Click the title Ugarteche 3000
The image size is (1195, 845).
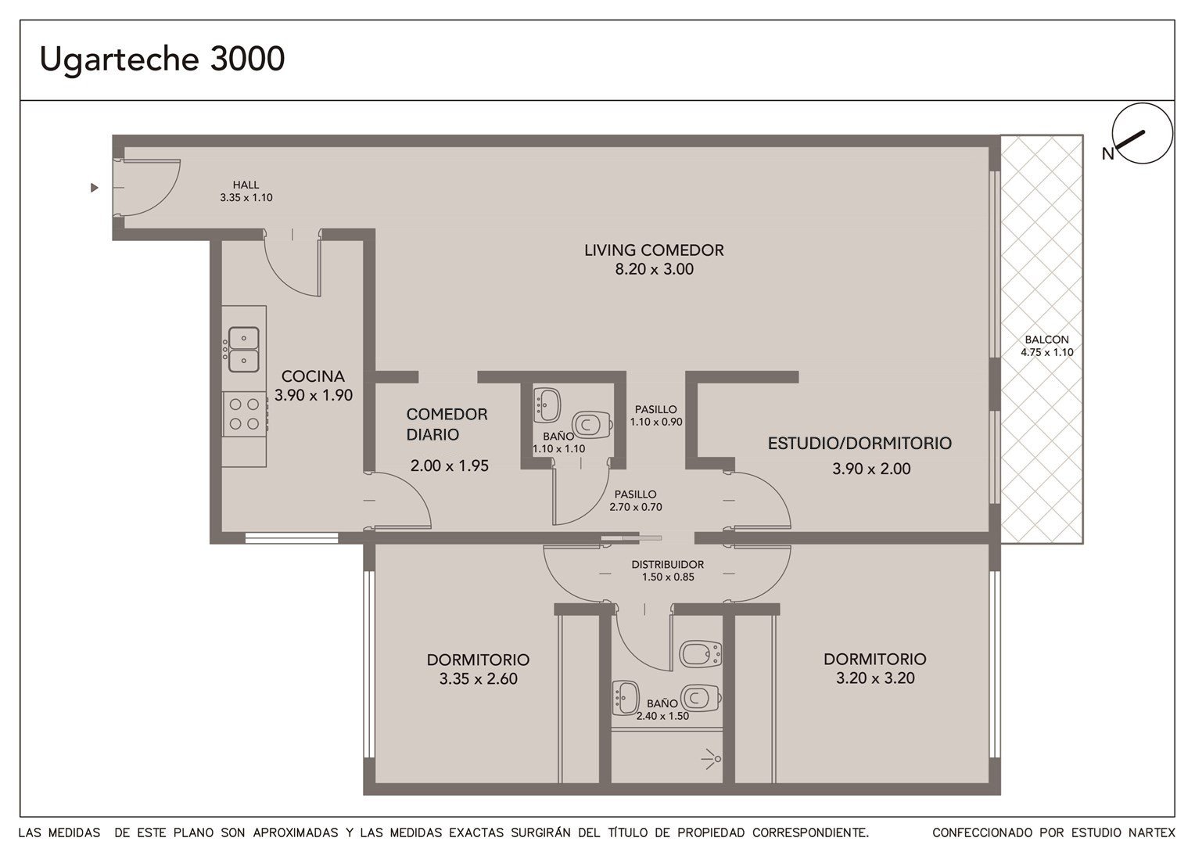162,59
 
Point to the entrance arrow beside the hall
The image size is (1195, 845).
95,187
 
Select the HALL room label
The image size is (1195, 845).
246,185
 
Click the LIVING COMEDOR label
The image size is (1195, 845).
654,250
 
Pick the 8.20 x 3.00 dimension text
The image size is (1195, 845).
654,269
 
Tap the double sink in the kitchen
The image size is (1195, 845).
243,350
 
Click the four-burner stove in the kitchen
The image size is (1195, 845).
244,414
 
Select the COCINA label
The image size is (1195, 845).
313,376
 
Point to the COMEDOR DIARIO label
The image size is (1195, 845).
447,424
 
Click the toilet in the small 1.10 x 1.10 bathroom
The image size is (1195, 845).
591,425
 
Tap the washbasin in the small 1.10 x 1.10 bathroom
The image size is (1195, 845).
547,405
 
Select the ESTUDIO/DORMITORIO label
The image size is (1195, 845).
859,443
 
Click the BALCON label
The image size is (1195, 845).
1046,340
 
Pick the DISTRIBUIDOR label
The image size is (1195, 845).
667,564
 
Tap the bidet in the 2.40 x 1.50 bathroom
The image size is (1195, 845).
700,654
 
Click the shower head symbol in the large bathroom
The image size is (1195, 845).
712,759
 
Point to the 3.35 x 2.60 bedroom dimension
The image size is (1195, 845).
478,678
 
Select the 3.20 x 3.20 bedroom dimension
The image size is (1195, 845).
875,678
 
